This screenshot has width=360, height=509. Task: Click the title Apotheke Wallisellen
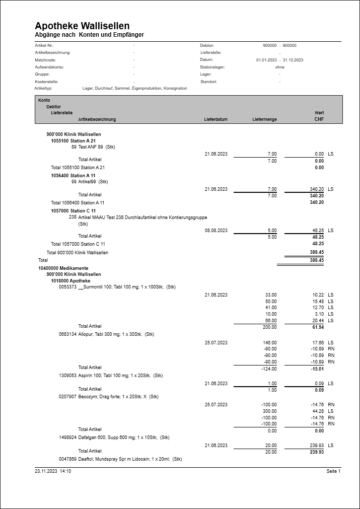coord(82,26)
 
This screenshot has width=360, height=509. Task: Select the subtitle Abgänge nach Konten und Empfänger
coord(89,35)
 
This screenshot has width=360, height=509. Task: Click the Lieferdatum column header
coord(215,119)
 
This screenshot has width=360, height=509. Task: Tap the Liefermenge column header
coord(264,119)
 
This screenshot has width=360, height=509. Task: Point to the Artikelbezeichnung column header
coord(97,119)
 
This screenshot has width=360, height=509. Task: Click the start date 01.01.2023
coord(266,60)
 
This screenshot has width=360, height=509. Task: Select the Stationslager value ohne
coord(280,67)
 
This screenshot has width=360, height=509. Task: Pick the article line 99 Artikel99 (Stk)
coord(90,181)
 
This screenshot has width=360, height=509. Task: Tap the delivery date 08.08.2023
coord(216,230)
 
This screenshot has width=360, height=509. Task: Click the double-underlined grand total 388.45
coord(317,260)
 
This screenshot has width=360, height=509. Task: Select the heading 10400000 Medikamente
coord(63,268)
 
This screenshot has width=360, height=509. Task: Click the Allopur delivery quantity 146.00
coord(270,342)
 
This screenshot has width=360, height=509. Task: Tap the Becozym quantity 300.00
coord(270,411)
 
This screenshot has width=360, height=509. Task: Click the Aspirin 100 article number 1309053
coord(67,376)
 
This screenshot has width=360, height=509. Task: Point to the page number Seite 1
coord(333,471)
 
